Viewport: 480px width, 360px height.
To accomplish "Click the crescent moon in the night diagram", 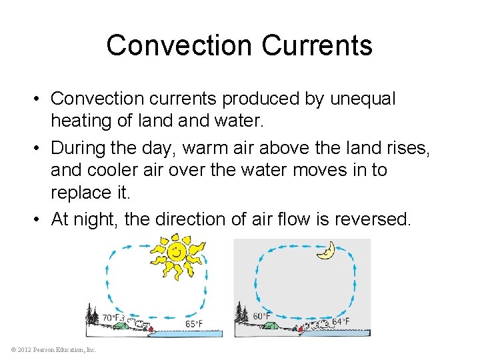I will (x=326, y=251).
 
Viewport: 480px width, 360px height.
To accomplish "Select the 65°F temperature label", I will (x=195, y=323).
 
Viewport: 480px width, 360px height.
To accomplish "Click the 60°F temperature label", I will (x=261, y=316).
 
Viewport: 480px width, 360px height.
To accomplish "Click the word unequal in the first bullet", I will (x=360, y=99).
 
